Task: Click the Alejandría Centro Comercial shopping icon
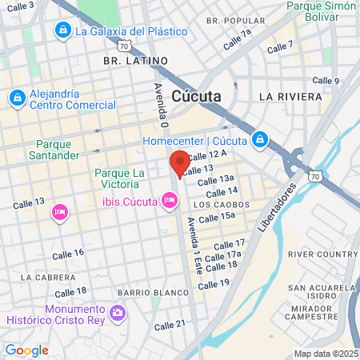(x=16, y=98)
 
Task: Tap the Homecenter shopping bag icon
(x=259, y=141)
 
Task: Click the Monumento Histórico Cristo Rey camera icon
(x=118, y=311)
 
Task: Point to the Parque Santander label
(x=58, y=149)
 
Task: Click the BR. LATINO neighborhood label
(x=136, y=60)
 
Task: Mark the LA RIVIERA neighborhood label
(x=290, y=96)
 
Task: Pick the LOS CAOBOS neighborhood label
(x=218, y=204)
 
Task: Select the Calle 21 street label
(x=170, y=324)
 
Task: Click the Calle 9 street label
(x=326, y=80)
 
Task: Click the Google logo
(x=26, y=350)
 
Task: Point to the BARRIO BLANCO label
(x=146, y=292)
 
